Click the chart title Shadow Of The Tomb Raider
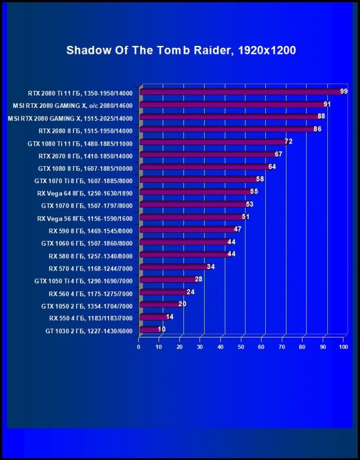[x=181, y=50]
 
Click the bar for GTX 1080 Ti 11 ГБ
[x=213, y=142]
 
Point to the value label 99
[x=344, y=91]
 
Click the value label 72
[x=288, y=142]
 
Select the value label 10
[x=162, y=329]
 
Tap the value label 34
[x=211, y=266]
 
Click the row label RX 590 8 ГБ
[x=90, y=231]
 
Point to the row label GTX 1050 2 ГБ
[x=87, y=306]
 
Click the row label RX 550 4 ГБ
[x=90, y=318]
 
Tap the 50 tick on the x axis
[x=241, y=347]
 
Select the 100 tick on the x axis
[x=343, y=347]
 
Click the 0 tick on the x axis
[x=139, y=347]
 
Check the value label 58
[x=260, y=179]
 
